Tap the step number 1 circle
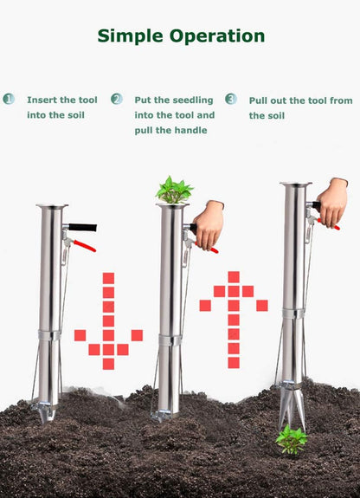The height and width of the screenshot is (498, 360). (x=9, y=99)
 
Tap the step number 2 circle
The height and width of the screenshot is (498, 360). (x=117, y=99)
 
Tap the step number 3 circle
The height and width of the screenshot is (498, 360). (x=231, y=99)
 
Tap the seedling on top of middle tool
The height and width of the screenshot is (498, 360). (x=174, y=190)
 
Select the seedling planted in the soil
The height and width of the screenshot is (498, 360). (x=292, y=438)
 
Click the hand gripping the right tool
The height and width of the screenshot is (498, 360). (x=332, y=201)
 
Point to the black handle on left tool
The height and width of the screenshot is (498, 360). (x=82, y=228)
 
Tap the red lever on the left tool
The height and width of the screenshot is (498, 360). (x=84, y=247)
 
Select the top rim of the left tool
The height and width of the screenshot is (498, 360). (x=51, y=206)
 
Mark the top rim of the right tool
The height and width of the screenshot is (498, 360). (x=295, y=184)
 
